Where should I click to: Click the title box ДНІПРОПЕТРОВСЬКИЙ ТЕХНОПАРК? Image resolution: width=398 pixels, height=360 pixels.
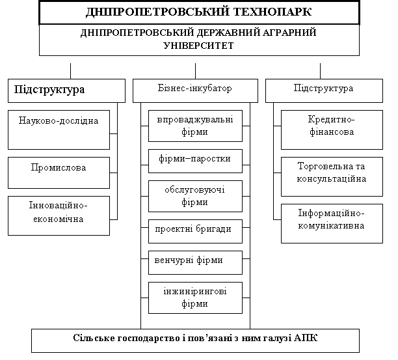coord(199,12)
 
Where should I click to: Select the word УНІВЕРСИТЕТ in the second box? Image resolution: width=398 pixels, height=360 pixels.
coord(198,46)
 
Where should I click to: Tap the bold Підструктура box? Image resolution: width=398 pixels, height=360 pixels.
coord(66,90)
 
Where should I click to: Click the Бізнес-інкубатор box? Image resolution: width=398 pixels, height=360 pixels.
coord(195,90)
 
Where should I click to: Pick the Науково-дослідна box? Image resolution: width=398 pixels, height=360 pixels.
coord(59,130)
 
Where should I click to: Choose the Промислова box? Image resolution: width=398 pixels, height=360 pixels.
coord(59,173)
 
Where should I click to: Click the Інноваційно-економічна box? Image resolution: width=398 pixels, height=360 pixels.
coord(59,215)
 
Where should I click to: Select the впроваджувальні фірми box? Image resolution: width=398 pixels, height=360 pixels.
coord(195,126)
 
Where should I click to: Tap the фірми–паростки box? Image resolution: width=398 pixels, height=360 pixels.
coord(195,161)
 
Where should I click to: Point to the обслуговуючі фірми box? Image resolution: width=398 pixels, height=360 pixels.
coord(195,196)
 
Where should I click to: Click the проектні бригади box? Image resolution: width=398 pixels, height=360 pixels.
coord(195,232)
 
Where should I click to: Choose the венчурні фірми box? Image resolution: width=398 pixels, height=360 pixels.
coord(195,263)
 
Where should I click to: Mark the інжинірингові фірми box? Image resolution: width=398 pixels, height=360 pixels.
coord(195,298)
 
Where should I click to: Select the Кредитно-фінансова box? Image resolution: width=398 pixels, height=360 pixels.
coord(332,130)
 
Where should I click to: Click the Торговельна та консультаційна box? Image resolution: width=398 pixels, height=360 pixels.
coord(332,176)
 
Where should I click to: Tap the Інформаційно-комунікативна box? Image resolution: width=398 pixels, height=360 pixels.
coord(332,223)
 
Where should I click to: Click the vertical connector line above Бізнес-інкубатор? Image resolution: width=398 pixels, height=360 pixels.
coord(196,71)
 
